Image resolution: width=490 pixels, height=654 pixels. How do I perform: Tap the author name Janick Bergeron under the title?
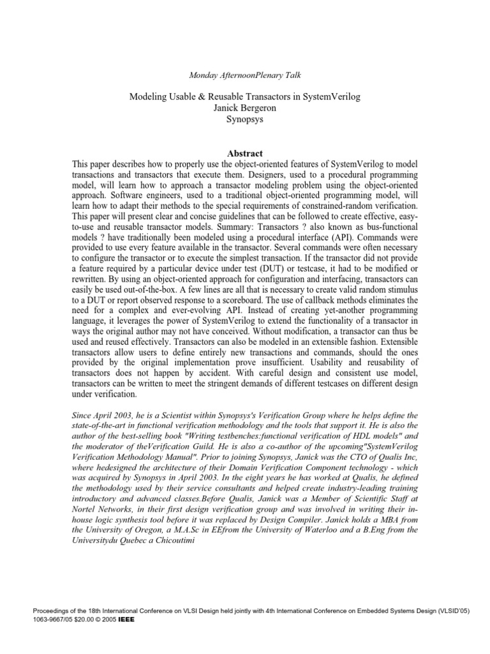(245, 107)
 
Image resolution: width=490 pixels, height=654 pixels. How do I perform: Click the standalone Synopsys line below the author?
(245, 119)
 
